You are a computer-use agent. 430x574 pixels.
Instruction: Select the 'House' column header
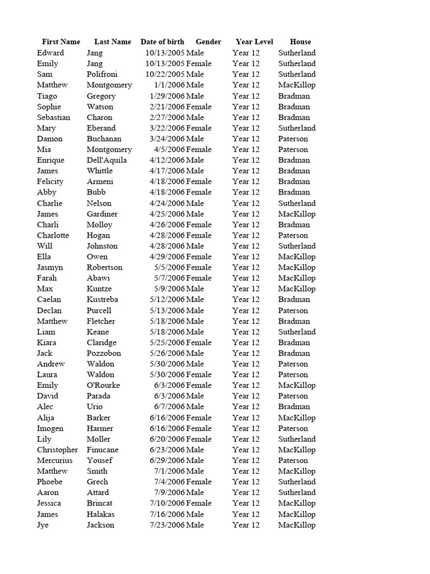point(300,41)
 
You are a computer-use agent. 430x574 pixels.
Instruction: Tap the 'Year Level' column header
point(254,41)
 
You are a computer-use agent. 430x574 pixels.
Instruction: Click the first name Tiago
point(47,96)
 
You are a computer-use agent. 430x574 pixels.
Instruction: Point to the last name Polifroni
point(103,74)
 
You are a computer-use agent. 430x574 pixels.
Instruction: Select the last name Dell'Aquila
point(106,160)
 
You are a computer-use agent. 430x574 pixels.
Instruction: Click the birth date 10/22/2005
point(165,74)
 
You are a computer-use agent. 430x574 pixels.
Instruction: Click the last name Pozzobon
point(104,353)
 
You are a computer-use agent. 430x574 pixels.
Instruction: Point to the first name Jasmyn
point(50,267)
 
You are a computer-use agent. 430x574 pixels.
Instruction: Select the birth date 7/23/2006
point(167,525)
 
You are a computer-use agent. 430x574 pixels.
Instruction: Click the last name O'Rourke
point(103,385)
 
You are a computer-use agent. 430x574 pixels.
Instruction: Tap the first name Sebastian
point(54,117)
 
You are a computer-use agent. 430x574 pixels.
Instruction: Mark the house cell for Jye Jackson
point(297,525)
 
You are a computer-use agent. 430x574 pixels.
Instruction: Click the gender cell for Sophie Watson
point(199,107)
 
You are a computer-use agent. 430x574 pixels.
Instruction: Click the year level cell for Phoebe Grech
point(246,482)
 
